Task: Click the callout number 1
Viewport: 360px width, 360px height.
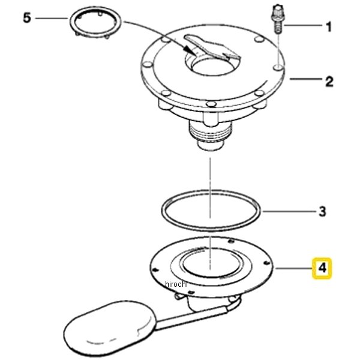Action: (329, 27)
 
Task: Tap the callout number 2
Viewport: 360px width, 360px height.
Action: (329, 82)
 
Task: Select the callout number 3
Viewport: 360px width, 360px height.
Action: (322, 212)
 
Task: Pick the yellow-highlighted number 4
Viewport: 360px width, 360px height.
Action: (322, 268)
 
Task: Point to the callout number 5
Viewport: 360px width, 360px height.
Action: (27, 17)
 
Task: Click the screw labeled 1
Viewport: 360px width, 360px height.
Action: (277, 19)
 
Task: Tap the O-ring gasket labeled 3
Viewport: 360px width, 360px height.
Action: (211, 211)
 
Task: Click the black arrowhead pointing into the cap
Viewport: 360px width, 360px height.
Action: (190, 49)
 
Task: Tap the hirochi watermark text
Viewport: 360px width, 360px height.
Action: (176, 284)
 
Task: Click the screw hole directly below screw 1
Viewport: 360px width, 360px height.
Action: (278, 67)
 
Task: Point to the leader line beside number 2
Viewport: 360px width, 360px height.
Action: (306, 79)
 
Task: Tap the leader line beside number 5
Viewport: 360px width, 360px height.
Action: (52, 18)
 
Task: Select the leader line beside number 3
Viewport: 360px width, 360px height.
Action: (290, 211)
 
